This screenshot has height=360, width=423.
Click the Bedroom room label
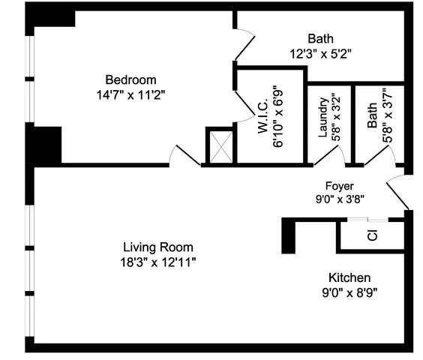[x=130, y=80]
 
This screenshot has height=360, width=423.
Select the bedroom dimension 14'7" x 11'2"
[x=130, y=94]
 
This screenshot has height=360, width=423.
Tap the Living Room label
[x=158, y=247]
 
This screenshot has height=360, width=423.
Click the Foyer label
[x=339, y=186]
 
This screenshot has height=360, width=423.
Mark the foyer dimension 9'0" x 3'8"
[x=339, y=199]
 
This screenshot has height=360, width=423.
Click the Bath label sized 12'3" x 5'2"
[x=320, y=39]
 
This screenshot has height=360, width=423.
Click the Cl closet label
[x=372, y=235]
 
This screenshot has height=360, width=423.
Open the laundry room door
[x=331, y=155]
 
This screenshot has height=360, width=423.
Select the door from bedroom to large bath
[x=244, y=46]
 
